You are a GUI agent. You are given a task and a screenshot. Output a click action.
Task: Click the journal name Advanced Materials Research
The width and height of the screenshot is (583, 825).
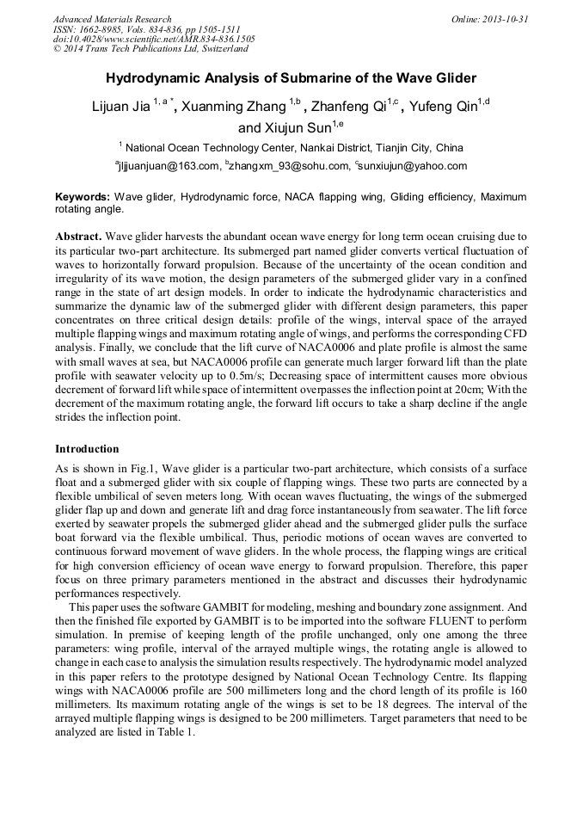tap(112, 19)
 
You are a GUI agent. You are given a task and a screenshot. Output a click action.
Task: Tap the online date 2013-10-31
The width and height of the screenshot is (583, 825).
tap(502, 19)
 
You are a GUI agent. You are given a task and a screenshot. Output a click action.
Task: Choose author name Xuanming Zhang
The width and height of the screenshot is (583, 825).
tap(232, 108)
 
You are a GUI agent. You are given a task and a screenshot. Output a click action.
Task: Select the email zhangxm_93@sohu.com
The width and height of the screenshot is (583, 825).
tap(286, 166)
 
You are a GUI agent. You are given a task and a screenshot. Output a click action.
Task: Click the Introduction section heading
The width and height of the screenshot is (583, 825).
tap(87, 448)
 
